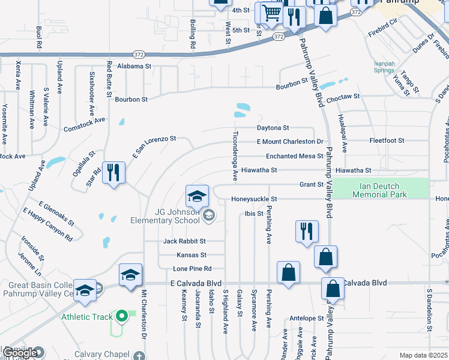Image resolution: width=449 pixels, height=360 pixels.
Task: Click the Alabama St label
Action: point(134,66)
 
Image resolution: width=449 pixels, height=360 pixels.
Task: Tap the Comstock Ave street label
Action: point(85,124)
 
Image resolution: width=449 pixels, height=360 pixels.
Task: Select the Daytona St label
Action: point(273,128)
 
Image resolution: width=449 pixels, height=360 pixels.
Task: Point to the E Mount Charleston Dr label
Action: point(290,142)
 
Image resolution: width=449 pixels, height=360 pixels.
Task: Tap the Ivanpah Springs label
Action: point(384,67)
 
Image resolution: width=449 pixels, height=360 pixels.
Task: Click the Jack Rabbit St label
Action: point(184,241)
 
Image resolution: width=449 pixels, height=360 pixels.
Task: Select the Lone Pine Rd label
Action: point(192,269)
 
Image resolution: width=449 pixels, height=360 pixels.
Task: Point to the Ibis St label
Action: point(255,214)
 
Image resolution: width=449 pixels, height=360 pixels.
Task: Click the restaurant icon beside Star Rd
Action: point(112,173)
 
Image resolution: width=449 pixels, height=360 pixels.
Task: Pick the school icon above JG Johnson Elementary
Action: point(197,196)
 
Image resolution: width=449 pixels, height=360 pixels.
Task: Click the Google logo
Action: point(20,353)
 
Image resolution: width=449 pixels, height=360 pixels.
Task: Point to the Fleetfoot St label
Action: point(387,141)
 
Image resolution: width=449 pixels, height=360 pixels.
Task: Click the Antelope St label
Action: point(306,319)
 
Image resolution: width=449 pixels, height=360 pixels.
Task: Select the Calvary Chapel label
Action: point(98,354)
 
